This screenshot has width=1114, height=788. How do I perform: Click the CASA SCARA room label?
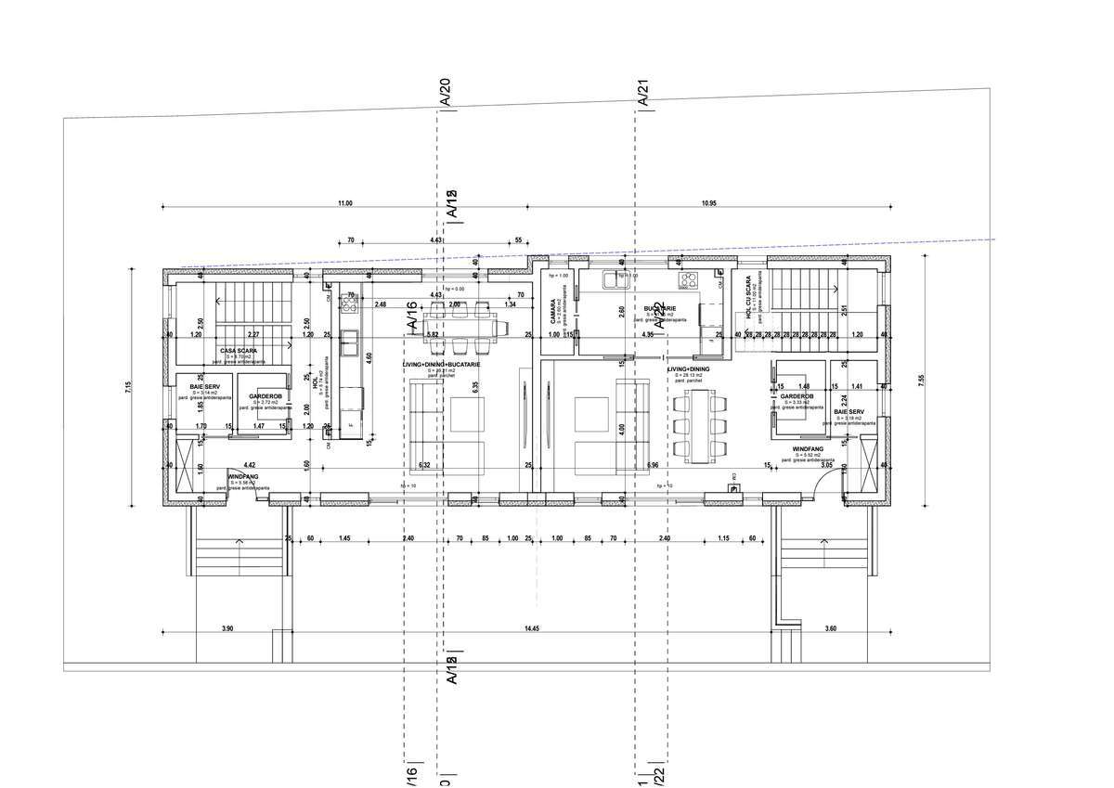pos(239,350)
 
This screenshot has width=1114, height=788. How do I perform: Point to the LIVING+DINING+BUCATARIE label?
pos(441,365)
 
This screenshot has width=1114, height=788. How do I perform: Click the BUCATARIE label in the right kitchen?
pos(660,307)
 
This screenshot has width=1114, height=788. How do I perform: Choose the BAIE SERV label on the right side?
pos(848,411)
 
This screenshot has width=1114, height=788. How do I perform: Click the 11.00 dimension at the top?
pos(345,202)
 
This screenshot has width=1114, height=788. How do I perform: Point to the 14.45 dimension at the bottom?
pos(531,629)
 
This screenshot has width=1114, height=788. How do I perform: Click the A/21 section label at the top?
pos(641,93)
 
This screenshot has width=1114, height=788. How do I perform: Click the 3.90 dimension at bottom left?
pos(227,629)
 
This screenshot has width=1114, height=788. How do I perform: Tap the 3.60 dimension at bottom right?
pos(830,629)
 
